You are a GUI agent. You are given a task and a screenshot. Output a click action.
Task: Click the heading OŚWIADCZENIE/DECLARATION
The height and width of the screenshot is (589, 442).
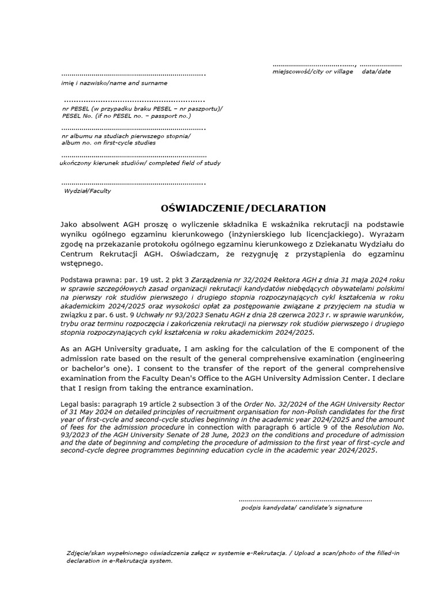[x=242, y=208]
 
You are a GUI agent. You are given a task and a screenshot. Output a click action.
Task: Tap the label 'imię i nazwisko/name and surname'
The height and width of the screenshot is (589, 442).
[x=114, y=83]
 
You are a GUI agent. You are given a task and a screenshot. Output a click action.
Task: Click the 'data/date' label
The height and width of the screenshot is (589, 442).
[x=376, y=71]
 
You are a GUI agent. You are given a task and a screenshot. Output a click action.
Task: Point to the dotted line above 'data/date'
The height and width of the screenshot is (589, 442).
[x=380, y=64]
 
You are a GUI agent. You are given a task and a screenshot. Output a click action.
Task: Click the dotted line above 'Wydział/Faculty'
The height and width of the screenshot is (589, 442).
[x=133, y=183]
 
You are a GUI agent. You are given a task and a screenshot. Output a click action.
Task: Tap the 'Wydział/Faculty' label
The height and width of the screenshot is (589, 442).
[x=87, y=191]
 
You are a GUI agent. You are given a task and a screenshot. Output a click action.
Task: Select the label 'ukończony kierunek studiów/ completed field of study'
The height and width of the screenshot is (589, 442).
[x=140, y=163]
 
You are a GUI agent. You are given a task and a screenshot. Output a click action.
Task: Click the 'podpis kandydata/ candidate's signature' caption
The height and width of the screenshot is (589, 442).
[x=302, y=508]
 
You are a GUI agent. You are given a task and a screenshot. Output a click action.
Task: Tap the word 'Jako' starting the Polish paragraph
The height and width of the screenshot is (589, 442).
[x=71, y=224]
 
